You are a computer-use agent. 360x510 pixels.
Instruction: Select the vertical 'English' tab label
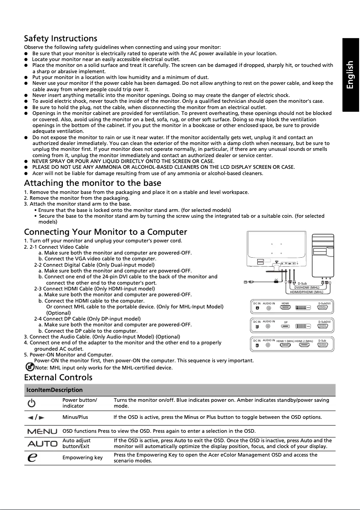click(350, 75)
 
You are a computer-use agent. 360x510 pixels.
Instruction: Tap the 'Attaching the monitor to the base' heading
click(92, 183)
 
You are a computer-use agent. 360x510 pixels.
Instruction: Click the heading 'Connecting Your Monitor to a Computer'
click(105, 232)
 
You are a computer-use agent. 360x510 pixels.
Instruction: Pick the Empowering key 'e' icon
click(32, 457)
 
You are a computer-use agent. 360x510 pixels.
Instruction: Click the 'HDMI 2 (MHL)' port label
click(304, 341)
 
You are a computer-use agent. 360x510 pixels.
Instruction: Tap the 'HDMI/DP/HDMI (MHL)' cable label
click(307, 292)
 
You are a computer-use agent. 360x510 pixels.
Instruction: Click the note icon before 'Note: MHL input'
click(30, 367)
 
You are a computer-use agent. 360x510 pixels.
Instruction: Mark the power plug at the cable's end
click(246, 282)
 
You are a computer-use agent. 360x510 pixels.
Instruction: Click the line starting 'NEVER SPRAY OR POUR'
click(123, 161)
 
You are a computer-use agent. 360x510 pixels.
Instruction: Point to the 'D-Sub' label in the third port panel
click(322, 341)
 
